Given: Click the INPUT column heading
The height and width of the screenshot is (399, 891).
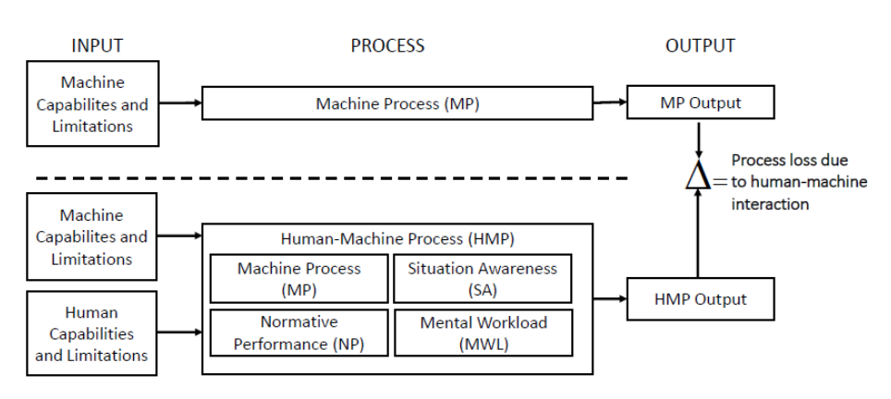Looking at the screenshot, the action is coord(97,45).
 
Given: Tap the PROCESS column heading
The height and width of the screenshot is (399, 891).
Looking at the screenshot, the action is coord(387,45).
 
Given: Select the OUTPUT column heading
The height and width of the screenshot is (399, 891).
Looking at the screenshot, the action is coord(700,45).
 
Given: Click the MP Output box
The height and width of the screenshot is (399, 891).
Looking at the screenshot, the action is coord(700,103).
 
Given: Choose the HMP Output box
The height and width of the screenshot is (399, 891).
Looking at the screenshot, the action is coord(700,299).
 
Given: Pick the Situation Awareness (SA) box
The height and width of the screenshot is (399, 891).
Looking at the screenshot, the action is coord(482,279).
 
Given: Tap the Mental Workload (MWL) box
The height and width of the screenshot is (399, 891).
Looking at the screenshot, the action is coord(483,332).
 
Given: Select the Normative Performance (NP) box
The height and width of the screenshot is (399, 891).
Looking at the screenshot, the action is coord(299,332).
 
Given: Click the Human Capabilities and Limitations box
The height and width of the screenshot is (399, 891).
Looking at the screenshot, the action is coord(92,333).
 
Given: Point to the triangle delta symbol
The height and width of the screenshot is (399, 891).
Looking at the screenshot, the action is coord(698,175).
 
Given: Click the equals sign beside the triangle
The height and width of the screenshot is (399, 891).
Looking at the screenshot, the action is coord(720,182).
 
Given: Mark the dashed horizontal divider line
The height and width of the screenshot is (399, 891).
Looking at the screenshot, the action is coord(332,178).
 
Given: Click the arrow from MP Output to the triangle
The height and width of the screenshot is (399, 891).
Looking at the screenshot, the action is coord(699,139).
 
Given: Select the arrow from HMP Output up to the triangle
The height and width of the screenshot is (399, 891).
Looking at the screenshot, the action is coord(699,234).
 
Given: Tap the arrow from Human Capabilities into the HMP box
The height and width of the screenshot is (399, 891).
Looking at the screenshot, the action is coord(179,332).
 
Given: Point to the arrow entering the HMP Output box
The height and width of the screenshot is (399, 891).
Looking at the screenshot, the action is coord(610,298).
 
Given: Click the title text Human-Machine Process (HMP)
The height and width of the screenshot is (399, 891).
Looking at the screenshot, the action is coord(397,239).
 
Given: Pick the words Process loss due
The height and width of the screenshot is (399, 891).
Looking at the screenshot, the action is coord(789,161).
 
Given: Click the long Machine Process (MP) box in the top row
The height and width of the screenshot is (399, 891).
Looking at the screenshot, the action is coord(397,103).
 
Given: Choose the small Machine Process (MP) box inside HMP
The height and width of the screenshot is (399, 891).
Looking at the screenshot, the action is coord(299,279).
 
